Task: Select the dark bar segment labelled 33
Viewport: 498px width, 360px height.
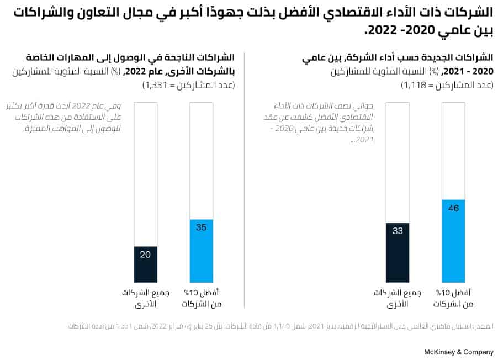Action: pos(398,253)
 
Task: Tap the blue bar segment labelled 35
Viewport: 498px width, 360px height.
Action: pos(202,251)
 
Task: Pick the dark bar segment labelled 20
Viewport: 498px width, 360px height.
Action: pos(146,264)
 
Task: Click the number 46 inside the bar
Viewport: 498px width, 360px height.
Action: pos(454,208)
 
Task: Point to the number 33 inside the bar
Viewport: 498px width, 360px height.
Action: pos(398,231)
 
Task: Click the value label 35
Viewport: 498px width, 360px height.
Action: pos(202,227)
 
